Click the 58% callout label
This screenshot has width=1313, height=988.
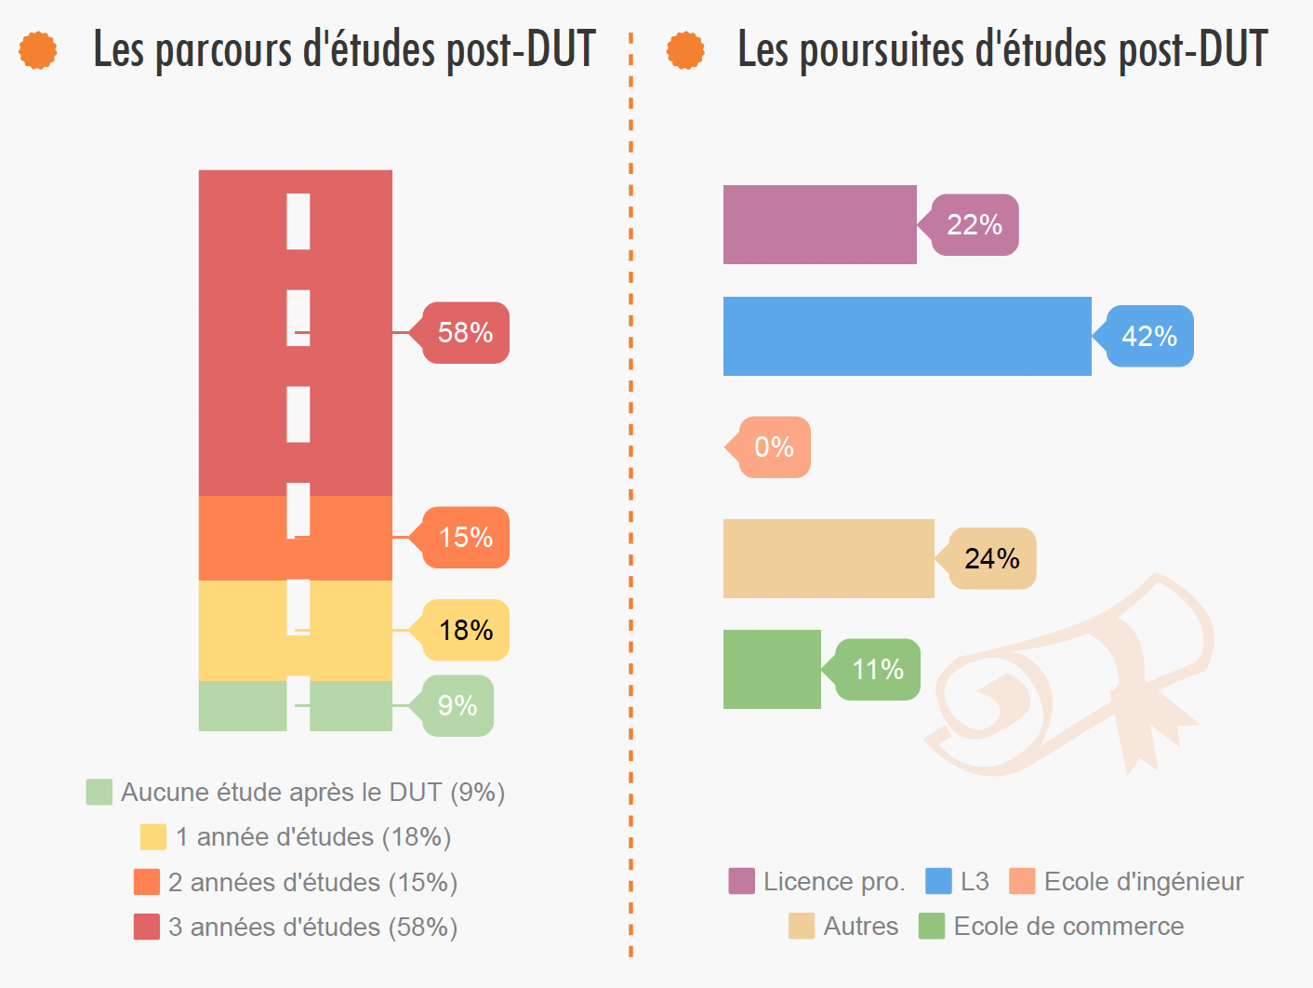[x=465, y=332]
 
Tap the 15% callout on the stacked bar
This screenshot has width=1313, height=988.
[x=465, y=537]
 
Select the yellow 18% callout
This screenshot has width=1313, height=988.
[x=465, y=630]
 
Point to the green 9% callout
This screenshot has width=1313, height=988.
[x=458, y=705]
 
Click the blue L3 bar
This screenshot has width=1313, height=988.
[x=907, y=336]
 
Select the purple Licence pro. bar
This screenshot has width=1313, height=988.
[x=819, y=224]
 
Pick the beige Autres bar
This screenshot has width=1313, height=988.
[x=829, y=558]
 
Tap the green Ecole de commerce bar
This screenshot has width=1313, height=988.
[x=772, y=669]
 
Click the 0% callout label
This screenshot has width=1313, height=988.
[x=774, y=447]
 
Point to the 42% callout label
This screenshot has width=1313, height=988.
[x=1149, y=336]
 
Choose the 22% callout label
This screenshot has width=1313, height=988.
[x=975, y=224]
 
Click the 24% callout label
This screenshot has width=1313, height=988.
[x=992, y=558]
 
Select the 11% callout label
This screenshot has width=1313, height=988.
[x=877, y=669]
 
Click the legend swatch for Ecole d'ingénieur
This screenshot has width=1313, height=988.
[x=1022, y=881]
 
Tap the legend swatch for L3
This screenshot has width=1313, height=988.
[x=938, y=881]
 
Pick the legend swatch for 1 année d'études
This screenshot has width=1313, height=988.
[x=153, y=836]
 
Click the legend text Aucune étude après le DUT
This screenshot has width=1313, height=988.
[x=312, y=792]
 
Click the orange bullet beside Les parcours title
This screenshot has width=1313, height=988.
[x=38, y=50]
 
